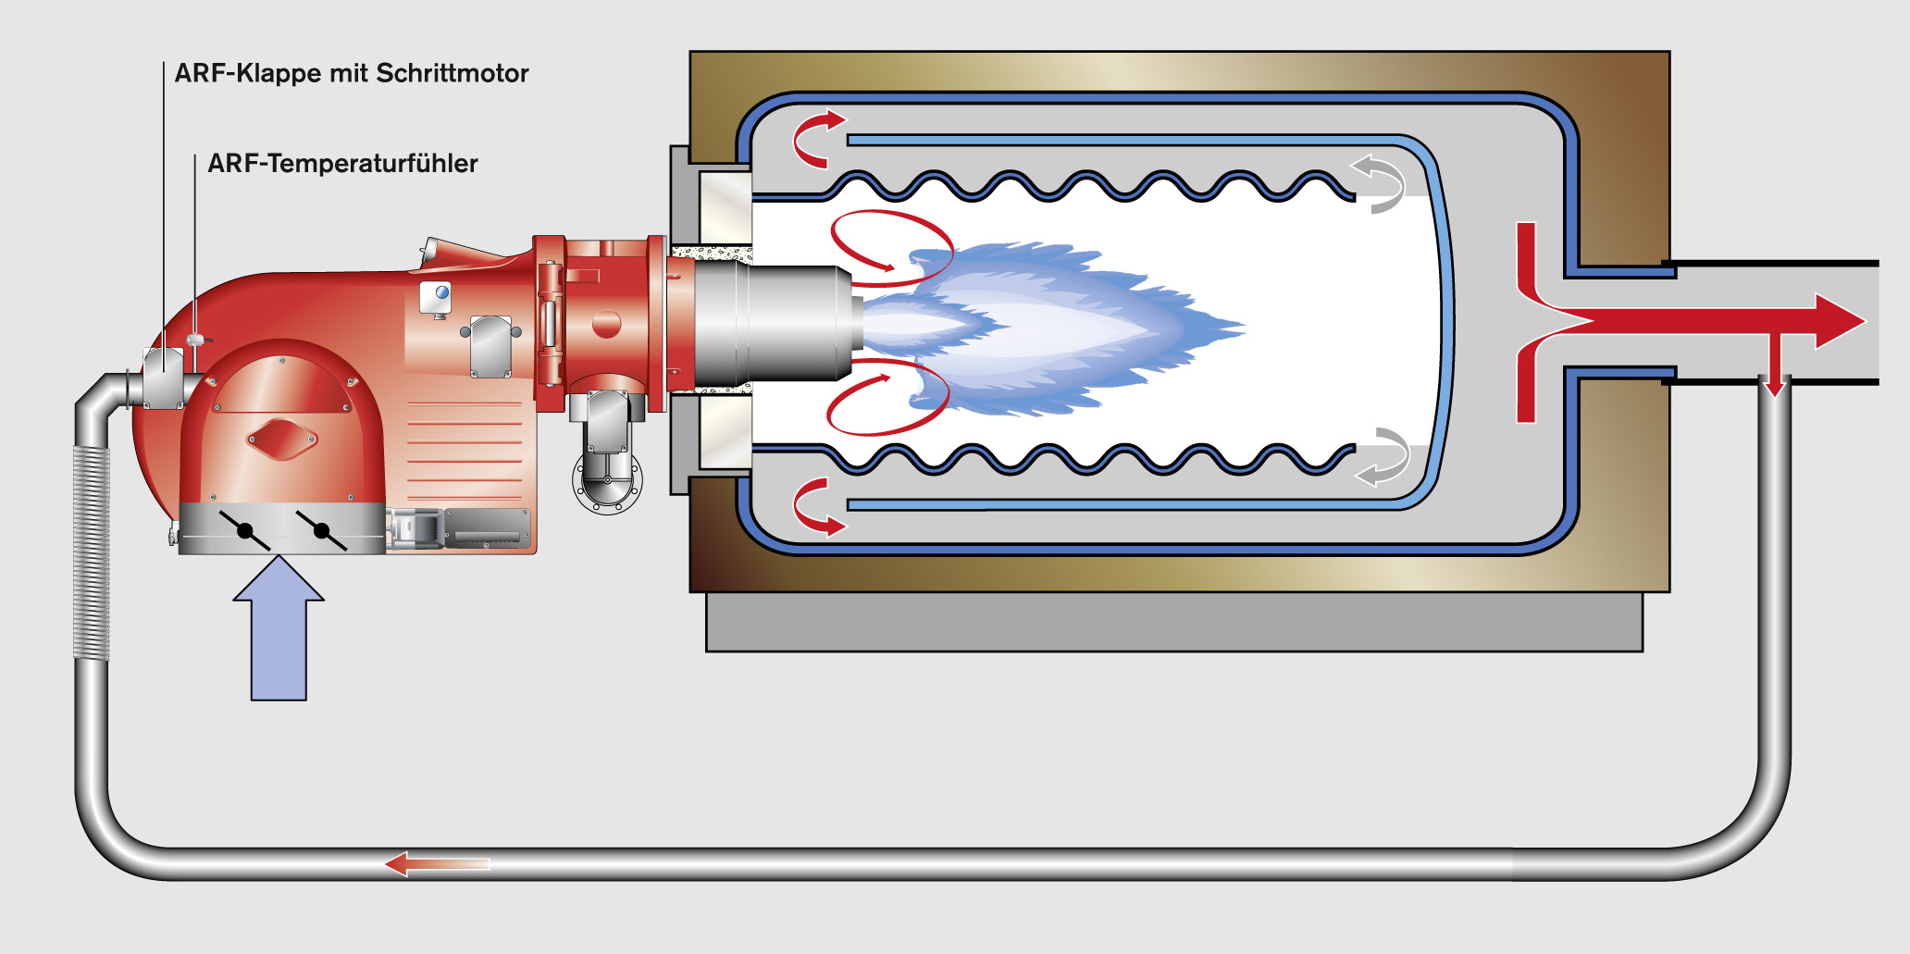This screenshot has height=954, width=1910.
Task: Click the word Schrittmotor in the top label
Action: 453,73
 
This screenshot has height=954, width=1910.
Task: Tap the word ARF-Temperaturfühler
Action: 342,164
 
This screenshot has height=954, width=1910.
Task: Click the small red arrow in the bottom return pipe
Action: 436,864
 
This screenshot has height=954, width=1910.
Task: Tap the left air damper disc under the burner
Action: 245,531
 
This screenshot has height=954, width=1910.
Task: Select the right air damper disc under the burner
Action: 321,531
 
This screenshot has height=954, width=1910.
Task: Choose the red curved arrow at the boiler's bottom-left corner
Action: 814,507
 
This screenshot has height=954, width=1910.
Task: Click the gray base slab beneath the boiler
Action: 1173,622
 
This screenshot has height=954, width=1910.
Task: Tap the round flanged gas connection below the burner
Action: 607,479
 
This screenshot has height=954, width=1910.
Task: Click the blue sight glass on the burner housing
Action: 442,293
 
